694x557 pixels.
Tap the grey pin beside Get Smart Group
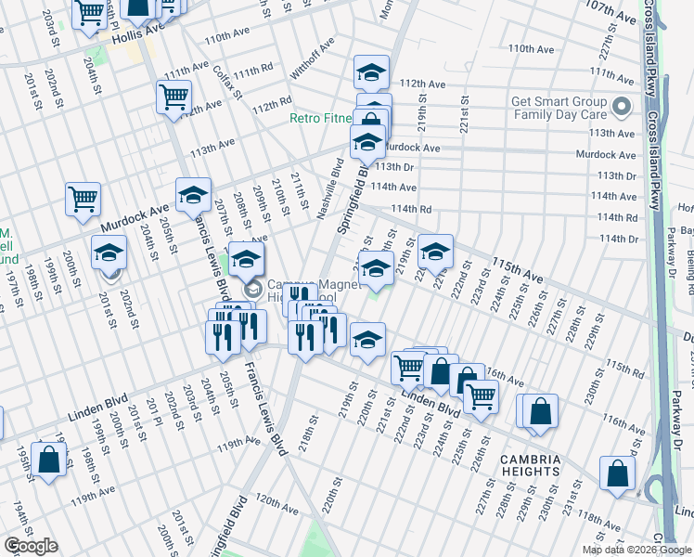click(623, 108)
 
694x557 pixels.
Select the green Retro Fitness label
click(321, 118)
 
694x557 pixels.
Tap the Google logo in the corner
click(30, 546)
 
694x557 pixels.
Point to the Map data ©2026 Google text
click(636, 550)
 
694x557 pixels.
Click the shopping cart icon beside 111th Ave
click(174, 97)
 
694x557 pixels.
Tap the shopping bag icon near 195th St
click(47, 459)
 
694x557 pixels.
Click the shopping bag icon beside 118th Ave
click(617, 473)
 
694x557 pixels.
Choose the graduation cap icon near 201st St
click(109, 253)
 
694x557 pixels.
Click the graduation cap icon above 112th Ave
click(371, 72)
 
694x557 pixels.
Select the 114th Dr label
click(619, 239)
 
